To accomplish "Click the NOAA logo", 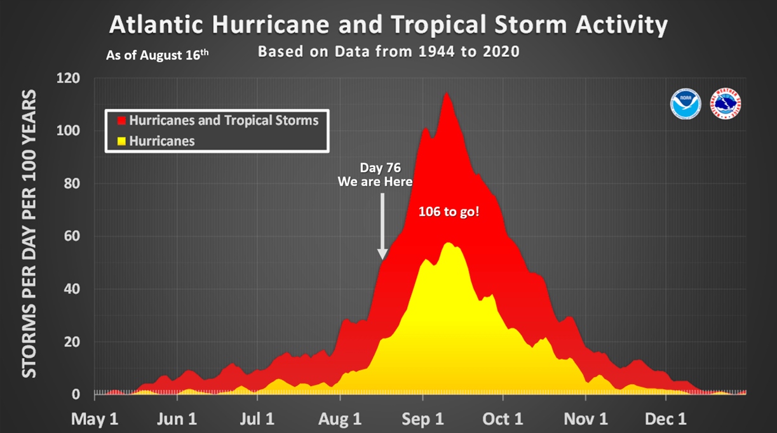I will pos(686,103).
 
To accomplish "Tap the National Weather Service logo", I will pos(726,103).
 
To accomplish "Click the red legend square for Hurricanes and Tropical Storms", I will pos(120,120).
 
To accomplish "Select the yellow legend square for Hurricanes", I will pos(120,141).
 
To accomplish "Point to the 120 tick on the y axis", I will pos(69,79).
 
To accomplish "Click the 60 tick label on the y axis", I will pos(72,237).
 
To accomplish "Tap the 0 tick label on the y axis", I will pos(76,394).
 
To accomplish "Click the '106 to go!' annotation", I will pos(449,212).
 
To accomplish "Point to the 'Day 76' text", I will pos(380,168).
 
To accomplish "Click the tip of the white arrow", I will pos(382,258).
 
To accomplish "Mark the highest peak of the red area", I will pos(447,93).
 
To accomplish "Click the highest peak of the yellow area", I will pos(448,243).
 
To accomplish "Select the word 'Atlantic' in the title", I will pos(157,25).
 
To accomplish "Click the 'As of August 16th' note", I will pos(157,55).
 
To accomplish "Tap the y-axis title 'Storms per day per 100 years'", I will pos(30,235).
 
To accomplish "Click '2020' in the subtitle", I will pos(500,51).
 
